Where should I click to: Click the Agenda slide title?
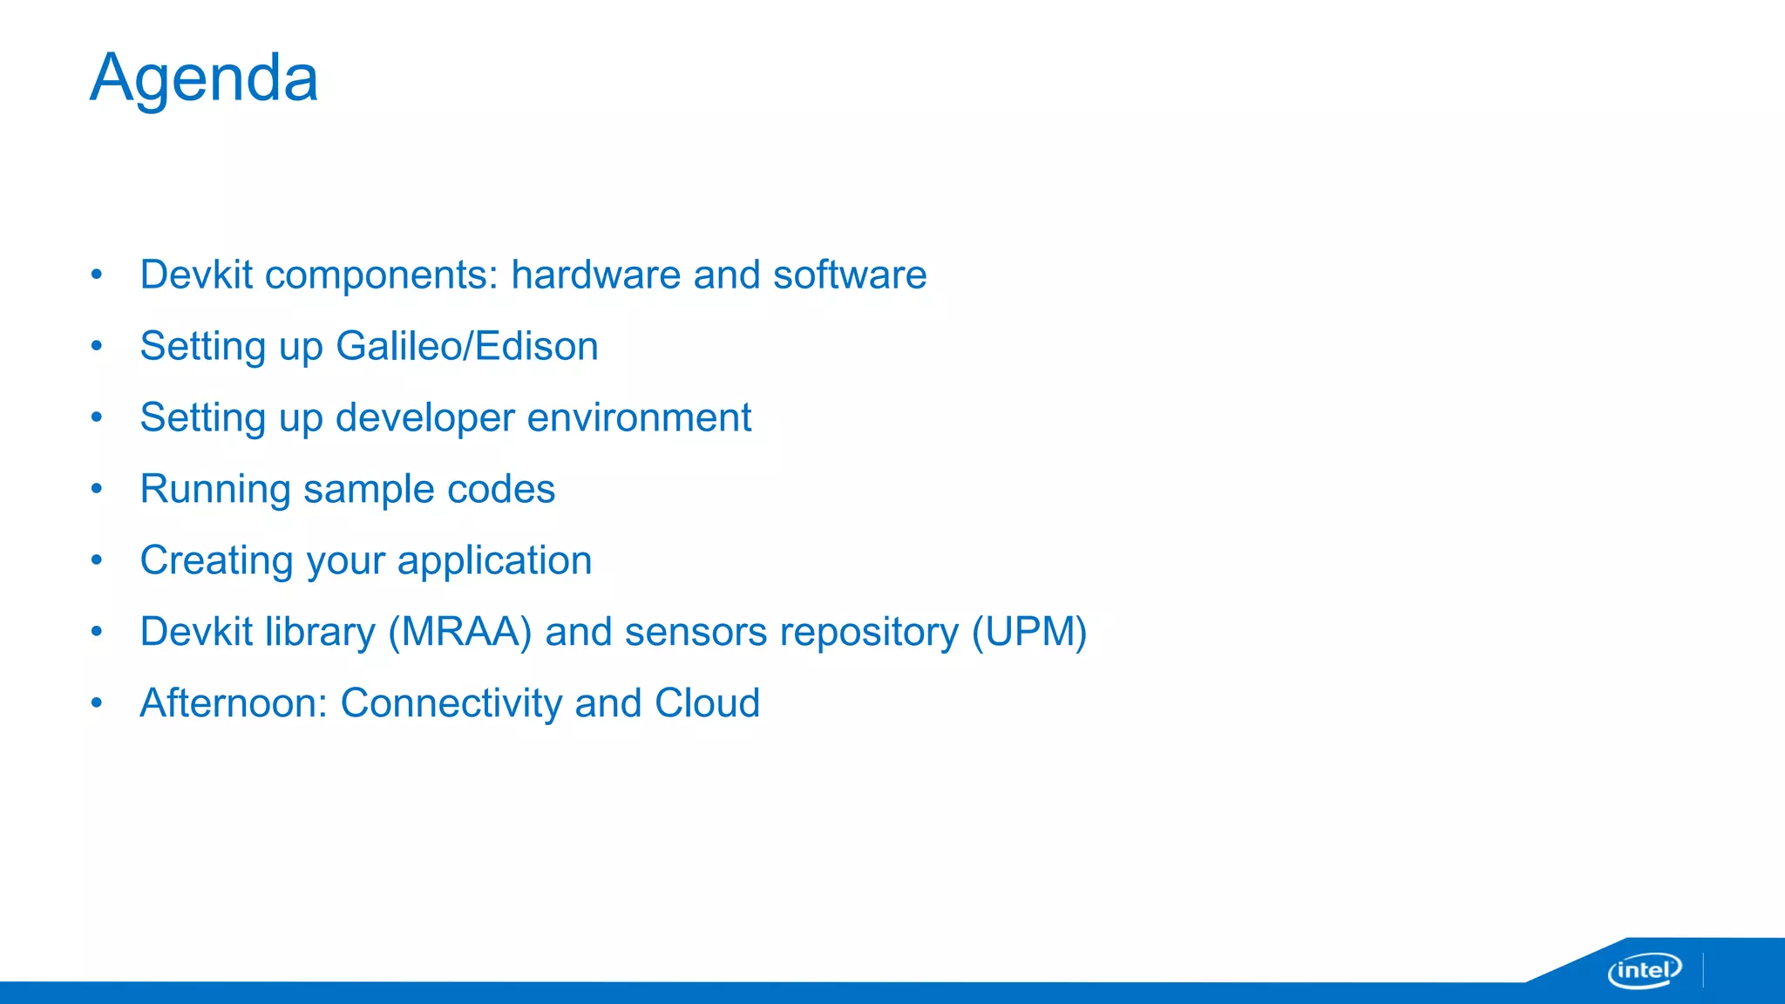204,78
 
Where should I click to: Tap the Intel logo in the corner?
1644,970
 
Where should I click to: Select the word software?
850,275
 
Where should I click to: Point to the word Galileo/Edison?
467,347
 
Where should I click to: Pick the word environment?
640,418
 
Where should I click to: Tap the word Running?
215,490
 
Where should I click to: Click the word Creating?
216,561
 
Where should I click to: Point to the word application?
494,561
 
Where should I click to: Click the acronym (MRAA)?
460,633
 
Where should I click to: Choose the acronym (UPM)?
1029,633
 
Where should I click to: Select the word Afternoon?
234,704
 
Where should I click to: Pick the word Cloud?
707,704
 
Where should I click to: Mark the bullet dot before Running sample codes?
97,489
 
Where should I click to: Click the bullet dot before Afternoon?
97,702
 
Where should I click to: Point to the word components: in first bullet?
382,275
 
